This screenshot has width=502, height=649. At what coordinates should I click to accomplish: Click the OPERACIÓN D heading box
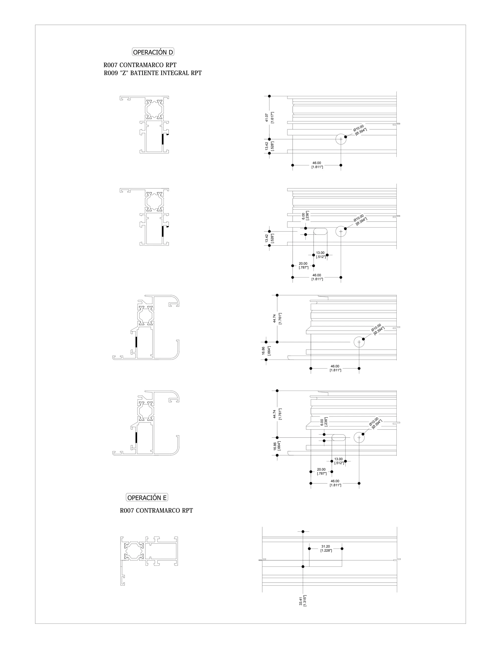(x=153, y=52)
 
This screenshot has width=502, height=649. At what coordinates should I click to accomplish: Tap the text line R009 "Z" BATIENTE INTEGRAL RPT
(x=152, y=73)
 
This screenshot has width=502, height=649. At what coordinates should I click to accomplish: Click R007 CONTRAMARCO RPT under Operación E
(x=156, y=511)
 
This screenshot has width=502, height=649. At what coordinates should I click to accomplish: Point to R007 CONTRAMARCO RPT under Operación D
(x=140, y=65)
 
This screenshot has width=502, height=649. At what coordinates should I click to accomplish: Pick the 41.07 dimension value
(x=267, y=118)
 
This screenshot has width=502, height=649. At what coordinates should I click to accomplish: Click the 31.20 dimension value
(x=326, y=546)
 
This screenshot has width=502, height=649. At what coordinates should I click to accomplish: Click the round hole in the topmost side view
(x=341, y=139)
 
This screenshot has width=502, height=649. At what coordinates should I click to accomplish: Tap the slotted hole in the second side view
(x=321, y=231)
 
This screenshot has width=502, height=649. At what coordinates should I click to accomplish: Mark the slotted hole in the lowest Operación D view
(x=339, y=437)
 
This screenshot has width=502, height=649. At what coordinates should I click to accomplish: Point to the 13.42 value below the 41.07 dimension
(x=267, y=146)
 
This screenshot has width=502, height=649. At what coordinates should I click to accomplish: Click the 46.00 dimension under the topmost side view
(x=317, y=163)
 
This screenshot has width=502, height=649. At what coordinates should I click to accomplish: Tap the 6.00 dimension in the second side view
(x=303, y=216)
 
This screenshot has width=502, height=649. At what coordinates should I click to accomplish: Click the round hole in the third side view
(x=359, y=342)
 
